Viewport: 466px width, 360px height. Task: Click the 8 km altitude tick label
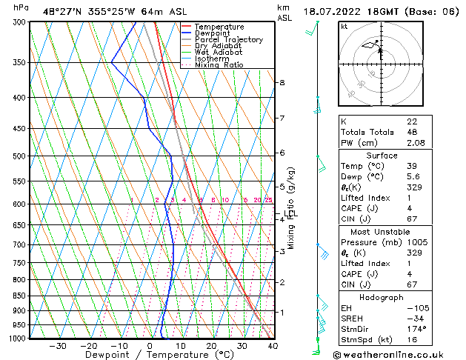282,82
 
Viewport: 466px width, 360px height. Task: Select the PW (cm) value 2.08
414,143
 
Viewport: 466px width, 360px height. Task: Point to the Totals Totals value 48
411,132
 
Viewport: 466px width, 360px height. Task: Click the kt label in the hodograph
344,27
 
